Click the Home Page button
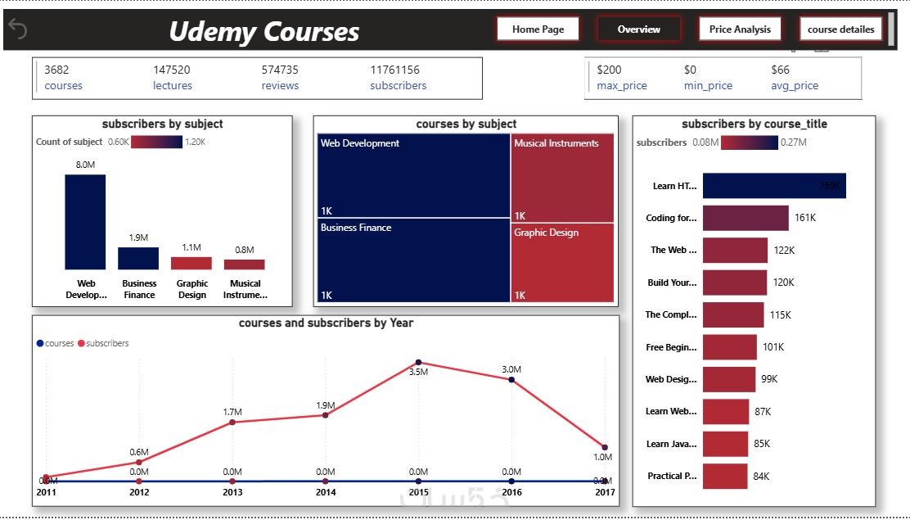tap(538, 29)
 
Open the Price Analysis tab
tap(740, 29)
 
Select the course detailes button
tap(840, 29)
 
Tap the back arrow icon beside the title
tap(18, 29)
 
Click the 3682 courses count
tap(56, 70)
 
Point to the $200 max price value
tap(609, 70)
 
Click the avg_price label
tap(794, 86)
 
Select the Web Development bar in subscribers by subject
tap(85, 222)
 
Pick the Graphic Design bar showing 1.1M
tap(191, 263)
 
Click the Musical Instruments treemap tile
tap(562, 177)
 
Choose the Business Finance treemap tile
tap(413, 260)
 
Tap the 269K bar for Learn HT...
tap(773, 186)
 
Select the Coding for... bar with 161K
tap(745, 218)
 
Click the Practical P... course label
tap(672, 476)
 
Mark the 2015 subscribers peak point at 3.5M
tap(418, 362)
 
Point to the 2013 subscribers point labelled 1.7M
tap(232, 422)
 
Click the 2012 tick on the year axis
tap(139, 492)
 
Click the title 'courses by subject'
tap(466, 124)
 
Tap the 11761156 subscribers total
tap(394, 70)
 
